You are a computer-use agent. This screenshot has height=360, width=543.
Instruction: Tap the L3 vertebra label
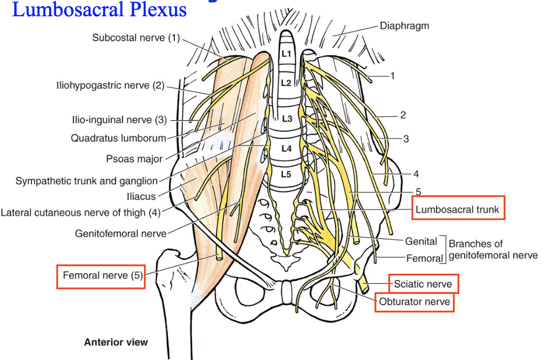click(287, 118)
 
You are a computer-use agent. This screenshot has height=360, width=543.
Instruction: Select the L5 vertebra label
click(286, 174)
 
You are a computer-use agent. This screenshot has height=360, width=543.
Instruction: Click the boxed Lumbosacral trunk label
click(457, 210)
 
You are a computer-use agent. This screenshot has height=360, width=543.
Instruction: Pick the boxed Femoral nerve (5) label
click(100, 276)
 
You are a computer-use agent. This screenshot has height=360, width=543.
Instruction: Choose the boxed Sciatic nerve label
click(423, 285)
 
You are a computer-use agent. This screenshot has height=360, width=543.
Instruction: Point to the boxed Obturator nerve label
click(414, 302)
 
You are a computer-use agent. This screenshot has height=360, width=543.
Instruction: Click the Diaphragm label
click(404, 26)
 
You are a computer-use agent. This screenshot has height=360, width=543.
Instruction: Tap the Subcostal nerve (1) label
click(136, 37)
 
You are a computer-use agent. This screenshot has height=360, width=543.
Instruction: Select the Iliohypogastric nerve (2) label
click(110, 85)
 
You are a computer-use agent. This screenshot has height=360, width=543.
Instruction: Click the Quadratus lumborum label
click(118, 138)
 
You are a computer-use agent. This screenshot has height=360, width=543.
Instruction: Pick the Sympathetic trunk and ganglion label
click(86, 181)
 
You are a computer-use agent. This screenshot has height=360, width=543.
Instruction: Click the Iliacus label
click(141, 196)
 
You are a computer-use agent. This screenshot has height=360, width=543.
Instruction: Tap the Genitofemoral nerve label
click(120, 233)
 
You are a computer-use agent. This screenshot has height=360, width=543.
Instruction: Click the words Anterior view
click(116, 342)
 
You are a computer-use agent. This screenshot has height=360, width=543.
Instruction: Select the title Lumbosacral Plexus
click(99, 9)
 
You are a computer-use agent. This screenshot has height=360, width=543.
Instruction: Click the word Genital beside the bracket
click(421, 241)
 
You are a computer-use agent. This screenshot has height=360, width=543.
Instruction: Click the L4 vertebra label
click(287, 148)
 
